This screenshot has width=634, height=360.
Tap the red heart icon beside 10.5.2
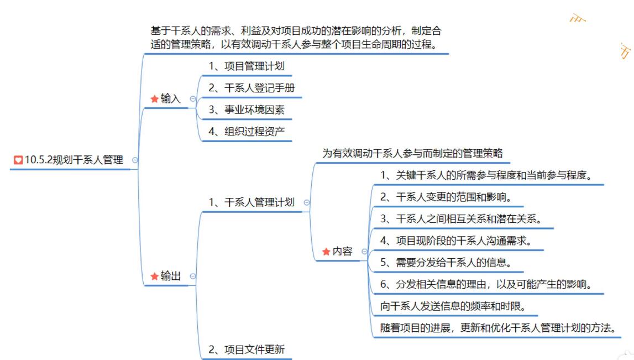point(18,160)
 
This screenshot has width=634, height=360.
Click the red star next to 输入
point(154,99)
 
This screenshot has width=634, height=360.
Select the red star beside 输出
point(154,276)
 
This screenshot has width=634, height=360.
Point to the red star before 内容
point(326,252)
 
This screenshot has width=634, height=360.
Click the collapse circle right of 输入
point(193,99)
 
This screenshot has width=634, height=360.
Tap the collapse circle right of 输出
point(193,276)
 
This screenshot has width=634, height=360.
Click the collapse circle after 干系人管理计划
point(307,203)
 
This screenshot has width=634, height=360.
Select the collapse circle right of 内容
point(364,252)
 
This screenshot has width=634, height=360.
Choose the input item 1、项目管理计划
point(247,66)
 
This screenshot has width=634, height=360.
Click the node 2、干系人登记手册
point(255,88)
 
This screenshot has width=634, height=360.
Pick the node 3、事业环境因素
point(247,109)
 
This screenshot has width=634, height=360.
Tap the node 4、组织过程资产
point(247,132)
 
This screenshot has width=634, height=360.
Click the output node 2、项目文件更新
point(247,349)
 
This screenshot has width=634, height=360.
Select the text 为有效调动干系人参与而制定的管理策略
point(412,153)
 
